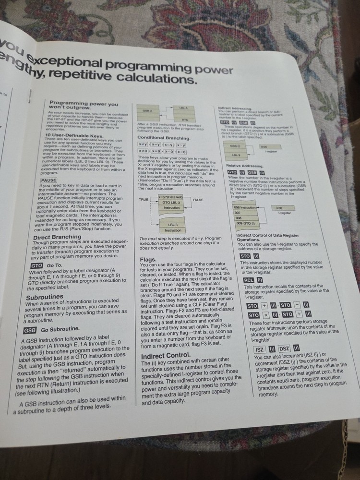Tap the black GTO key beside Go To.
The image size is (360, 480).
click(36, 265)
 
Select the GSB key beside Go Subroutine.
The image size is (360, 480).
click(30, 330)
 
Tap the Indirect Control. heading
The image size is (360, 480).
click(166, 356)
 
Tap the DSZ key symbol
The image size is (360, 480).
click(284, 348)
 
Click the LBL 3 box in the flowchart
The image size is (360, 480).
click(173, 225)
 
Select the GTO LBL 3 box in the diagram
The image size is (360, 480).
click(172, 203)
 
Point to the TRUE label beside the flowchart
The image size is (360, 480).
click(144, 199)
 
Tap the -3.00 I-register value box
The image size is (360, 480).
click(277, 207)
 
